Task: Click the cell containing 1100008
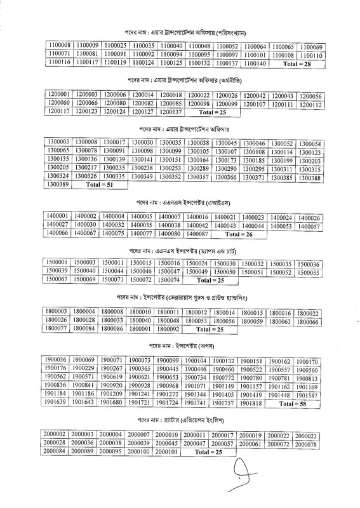click(x=59, y=46)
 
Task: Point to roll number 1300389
click(x=58, y=184)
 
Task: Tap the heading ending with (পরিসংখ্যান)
click(x=180, y=31)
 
